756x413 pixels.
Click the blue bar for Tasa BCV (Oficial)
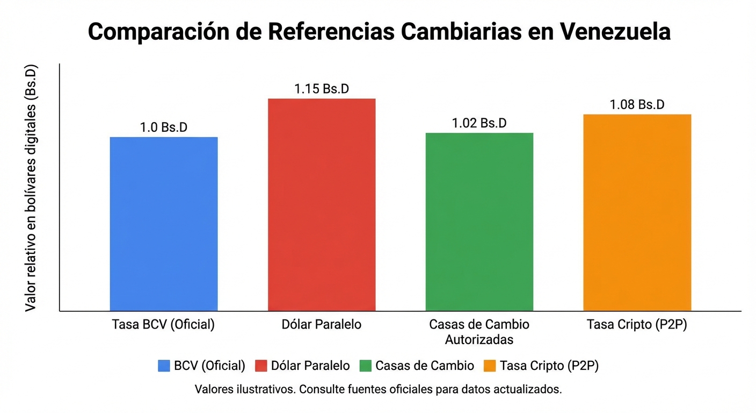164,224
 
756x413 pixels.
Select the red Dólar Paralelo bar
322,204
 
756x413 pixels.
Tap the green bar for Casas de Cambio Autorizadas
479,222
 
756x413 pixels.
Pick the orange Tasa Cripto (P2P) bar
637,212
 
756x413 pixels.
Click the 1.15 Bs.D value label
322,89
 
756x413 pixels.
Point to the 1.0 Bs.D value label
164,127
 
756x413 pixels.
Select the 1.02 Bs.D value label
479,123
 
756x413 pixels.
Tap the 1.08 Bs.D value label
637,105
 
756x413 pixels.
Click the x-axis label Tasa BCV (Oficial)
164,325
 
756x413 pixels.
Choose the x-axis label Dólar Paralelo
322,325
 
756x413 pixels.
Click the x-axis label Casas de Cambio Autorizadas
479,332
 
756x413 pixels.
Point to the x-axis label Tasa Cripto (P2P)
637,325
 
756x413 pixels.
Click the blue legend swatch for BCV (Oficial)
164,366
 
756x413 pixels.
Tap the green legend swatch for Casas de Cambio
366,366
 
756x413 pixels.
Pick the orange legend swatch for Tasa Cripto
490,366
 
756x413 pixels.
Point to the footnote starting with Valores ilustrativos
378,389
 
